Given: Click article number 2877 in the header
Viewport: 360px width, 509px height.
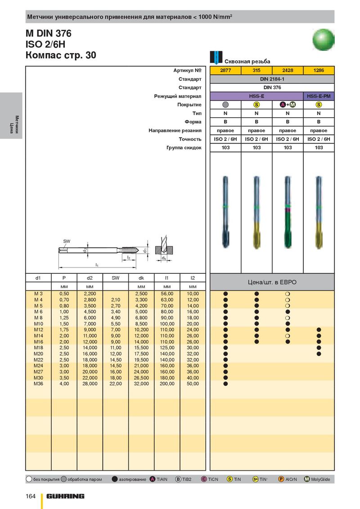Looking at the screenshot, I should pyautogui.click(x=225, y=71).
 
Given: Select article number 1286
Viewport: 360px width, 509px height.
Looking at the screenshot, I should pyautogui.click(x=319, y=71).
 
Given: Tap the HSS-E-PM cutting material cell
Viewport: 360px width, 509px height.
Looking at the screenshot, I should pyautogui.click(x=319, y=96).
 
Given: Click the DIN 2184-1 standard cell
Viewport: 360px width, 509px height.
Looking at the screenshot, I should pyautogui.click(x=272, y=79).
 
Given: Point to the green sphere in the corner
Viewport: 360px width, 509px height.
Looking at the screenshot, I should pyautogui.click(x=323, y=40).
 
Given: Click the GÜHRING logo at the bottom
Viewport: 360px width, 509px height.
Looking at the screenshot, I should pyautogui.click(x=65, y=496).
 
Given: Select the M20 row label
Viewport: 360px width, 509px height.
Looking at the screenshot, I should pyautogui.click(x=38, y=354).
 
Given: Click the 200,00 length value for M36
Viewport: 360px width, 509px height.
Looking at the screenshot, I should pyautogui.click(x=167, y=384).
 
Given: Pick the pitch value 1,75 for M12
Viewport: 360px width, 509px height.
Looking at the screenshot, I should pyautogui.click(x=64, y=330).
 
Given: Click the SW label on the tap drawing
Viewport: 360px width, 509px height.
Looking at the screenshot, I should pyautogui.click(x=67, y=241).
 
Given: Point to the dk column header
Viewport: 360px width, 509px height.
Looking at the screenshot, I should pyautogui.click(x=141, y=278).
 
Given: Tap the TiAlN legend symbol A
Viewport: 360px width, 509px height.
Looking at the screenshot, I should pyautogui.click(x=153, y=479).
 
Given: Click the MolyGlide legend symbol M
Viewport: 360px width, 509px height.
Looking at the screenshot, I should pyautogui.click(x=307, y=479).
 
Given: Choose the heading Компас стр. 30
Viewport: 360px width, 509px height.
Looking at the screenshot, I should pyautogui.click(x=61, y=55).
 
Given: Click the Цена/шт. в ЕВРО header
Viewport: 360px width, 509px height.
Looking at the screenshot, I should pyautogui.click(x=272, y=282).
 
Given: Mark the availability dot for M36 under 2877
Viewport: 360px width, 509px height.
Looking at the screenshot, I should pyautogui.click(x=225, y=384).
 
